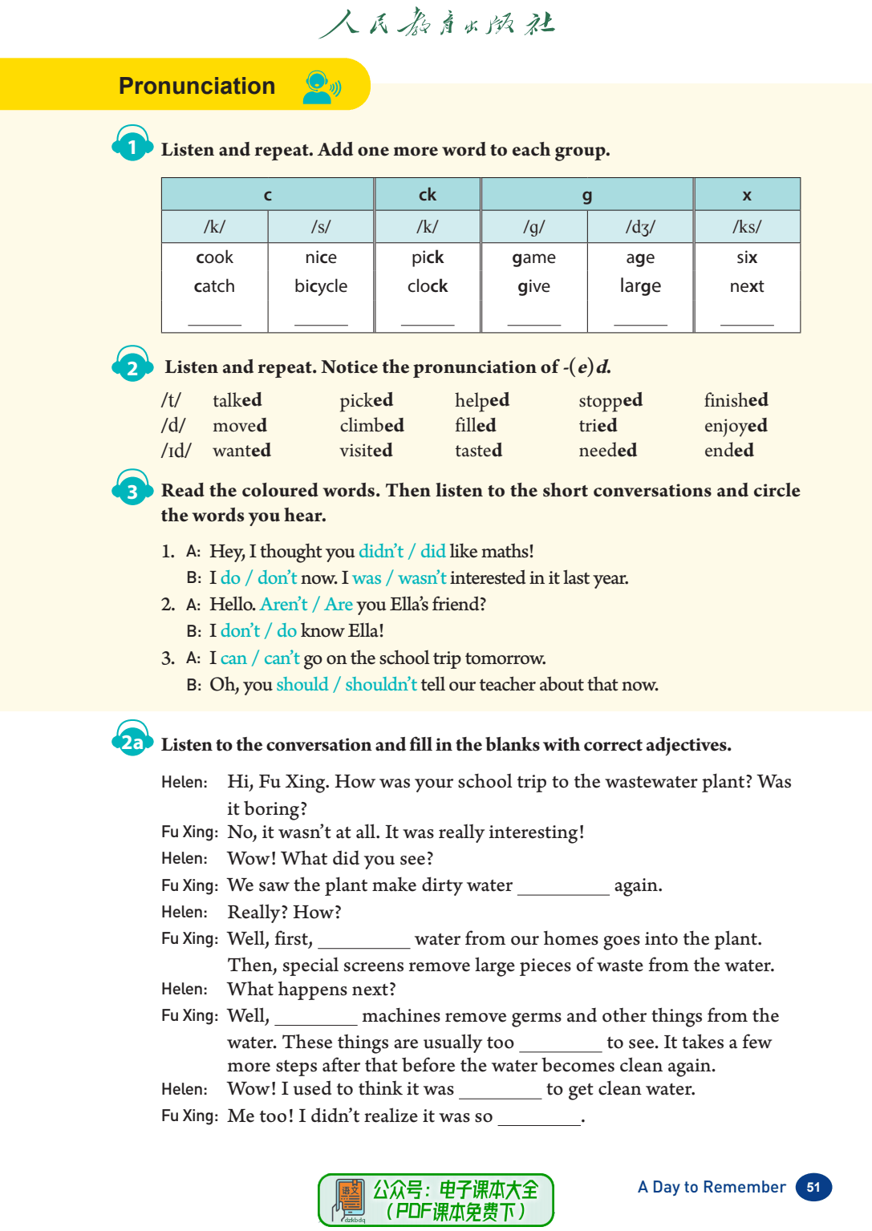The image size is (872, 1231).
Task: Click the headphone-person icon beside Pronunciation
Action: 322,87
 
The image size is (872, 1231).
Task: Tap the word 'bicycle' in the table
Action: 321,286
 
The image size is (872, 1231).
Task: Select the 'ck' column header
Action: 428,195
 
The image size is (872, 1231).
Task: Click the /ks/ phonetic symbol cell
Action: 747,227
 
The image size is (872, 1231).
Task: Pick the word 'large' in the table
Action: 640,286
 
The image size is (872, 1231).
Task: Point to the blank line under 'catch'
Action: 214,322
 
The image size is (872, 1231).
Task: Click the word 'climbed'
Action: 371,426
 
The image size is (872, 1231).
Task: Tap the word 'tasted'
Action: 478,451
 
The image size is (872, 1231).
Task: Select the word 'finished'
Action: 736,400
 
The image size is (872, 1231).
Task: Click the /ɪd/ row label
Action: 176,451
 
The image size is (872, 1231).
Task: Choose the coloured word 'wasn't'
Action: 422,578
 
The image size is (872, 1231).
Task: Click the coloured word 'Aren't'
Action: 283,605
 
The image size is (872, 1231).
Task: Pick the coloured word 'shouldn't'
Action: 380,685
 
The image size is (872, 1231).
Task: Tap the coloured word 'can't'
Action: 282,658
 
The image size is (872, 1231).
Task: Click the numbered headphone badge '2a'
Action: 132,741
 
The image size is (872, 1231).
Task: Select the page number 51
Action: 813,1188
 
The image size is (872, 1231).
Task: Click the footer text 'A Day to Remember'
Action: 712,1188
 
